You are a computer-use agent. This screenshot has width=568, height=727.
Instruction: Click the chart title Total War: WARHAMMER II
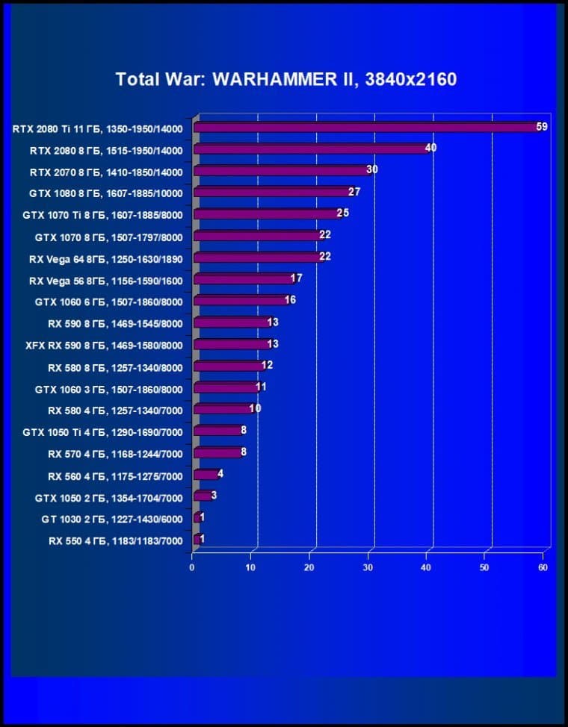(285, 79)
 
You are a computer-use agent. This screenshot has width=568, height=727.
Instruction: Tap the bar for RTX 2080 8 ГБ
(309, 149)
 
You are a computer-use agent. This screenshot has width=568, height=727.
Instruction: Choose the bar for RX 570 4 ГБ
(217, 452)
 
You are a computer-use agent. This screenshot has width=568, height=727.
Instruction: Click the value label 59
(542, 127)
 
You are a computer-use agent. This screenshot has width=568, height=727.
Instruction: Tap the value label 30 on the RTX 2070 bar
(371, 170)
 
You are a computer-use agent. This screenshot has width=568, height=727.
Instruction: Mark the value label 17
(296, 278)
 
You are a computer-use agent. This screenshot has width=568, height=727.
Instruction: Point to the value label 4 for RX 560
(220, 473)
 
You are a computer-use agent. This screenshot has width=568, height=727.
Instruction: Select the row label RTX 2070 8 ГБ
(105, 172)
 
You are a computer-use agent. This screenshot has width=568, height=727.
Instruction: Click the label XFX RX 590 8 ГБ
(104, 345)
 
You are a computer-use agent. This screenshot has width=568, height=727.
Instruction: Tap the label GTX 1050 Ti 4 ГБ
(102, 431)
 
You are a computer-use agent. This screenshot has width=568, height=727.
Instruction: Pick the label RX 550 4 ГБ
(115, 540)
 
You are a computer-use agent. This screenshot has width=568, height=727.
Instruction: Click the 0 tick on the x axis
(192, 567)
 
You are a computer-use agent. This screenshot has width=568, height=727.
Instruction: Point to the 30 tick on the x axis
(368, 567)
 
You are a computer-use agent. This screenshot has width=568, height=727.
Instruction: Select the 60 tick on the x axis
(543, 567)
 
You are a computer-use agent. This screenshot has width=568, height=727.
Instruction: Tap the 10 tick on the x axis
(250, 567)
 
